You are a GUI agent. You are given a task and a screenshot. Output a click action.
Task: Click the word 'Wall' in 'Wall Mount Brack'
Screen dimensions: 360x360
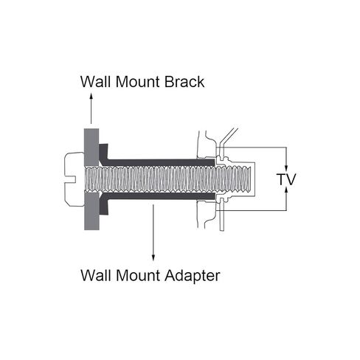pos(95,82)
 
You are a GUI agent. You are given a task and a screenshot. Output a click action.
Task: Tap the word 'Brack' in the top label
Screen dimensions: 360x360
pos(184,82)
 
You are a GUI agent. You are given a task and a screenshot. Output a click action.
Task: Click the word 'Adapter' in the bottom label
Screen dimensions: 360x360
pos(193,276)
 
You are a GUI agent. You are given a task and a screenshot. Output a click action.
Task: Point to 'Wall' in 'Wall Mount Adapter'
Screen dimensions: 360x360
pos(96,275)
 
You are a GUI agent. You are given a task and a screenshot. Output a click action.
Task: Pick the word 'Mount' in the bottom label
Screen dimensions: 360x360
pos(138,275)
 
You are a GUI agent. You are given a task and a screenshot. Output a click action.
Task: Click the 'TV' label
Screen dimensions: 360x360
pos(286,179)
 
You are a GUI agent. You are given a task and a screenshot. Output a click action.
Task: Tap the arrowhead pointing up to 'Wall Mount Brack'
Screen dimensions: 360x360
pos(91,96)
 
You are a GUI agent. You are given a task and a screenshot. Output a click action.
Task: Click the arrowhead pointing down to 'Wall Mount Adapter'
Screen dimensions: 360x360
pos(153,257)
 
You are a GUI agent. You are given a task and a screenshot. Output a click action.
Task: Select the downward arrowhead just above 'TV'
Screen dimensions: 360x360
pos(286,168)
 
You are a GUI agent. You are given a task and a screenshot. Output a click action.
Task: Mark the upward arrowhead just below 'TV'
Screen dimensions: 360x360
pos(286,190)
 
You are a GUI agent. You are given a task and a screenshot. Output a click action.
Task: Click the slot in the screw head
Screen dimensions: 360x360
pos(69,179)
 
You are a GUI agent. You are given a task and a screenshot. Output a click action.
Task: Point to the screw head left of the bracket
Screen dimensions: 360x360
pos(74,179)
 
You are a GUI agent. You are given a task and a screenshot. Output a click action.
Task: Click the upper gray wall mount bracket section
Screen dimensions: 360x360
pos(91,148)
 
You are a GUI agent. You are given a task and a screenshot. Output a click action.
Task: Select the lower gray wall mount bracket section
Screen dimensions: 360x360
pos(91,211)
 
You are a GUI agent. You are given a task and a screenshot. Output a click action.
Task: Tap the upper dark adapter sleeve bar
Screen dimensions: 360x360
pos(161,162)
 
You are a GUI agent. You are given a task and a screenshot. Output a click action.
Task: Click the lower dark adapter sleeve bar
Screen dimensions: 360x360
pos(161,196)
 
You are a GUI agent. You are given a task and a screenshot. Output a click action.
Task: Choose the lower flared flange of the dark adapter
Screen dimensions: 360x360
pos(103,204)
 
